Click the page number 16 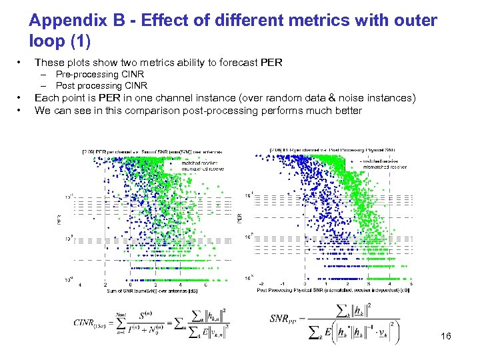(446, 337)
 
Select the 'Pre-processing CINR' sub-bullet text (100, 75)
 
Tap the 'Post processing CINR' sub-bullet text (102, 86)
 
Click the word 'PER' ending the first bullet (272, 63)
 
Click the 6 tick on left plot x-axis (205, 284)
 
